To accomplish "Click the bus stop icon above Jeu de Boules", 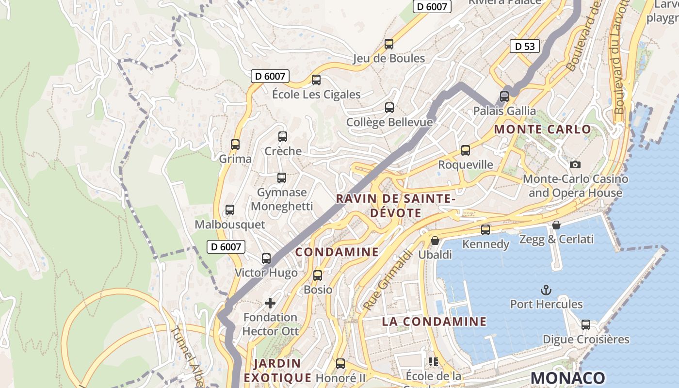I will tap(389, 44).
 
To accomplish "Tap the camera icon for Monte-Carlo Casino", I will tap(575, 164).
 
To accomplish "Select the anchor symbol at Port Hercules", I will tap(546, 290).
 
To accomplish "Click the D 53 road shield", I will tap(525, 47).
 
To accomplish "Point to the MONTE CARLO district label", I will tap(543, 129).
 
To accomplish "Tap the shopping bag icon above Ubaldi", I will tap(435, 241).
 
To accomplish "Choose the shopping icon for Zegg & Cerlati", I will tap(556, 225).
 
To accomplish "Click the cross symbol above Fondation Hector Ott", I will tap(270, 303).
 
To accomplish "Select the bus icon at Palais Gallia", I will tap(504, 97).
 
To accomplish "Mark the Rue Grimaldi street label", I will tap(387, 280).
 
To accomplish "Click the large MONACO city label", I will tap(568, 378).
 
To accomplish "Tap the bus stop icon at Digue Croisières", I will tap(586, 325).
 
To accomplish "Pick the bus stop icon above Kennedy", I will tap(485, 230).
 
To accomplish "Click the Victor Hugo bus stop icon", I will tap(266, 259).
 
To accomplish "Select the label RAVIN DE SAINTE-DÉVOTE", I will tap(395, 206).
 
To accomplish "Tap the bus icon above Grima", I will tap(235, 145).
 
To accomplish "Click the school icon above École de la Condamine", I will tap(433, 361).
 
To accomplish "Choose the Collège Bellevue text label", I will tap(389, 122).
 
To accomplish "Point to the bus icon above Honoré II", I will tap(340, 364).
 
